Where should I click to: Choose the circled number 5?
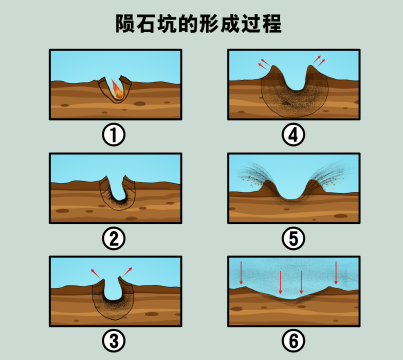tap(292, 238)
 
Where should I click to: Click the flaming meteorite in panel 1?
tap(117, 87)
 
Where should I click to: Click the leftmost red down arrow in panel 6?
tap(242, 271)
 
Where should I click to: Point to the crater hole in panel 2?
tap(118, 190)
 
